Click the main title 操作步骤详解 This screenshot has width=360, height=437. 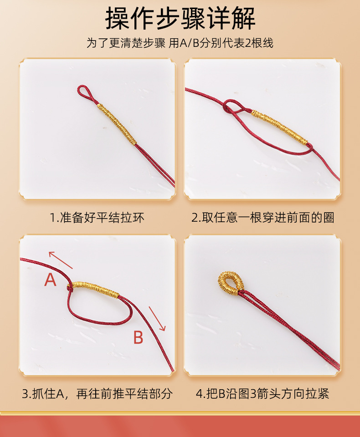point(180,18)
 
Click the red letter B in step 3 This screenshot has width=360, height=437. point(138,338)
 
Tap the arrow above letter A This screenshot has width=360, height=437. point(61,259)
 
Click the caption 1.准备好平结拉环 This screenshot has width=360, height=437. point(97,218)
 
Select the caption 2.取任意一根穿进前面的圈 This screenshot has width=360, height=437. point(262,218)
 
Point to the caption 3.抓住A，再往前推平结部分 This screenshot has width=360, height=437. point(97,394)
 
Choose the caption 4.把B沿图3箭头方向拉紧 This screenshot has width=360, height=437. point(262,394)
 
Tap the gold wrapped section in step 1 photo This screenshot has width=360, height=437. point(117,123)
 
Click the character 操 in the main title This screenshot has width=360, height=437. point(118,18)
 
